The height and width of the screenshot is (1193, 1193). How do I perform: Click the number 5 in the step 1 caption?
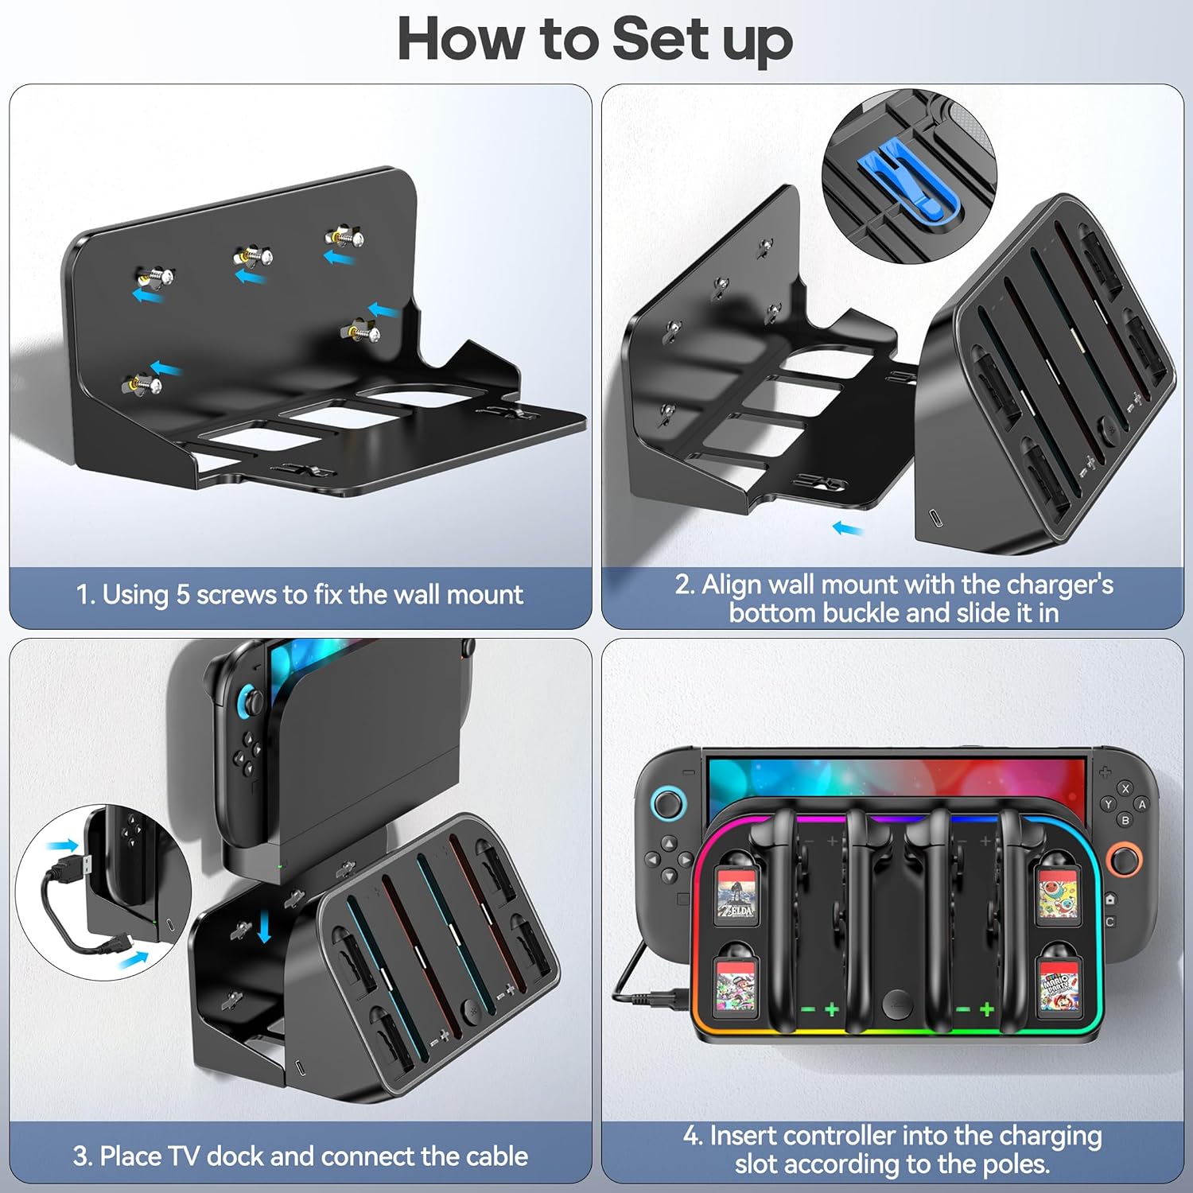pos(182,595)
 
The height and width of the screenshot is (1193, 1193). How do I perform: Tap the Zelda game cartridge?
pos(736,895)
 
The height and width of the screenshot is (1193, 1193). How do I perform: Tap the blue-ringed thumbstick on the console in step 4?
pos(669,804)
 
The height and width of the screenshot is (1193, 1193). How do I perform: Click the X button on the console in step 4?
pos(1125,789)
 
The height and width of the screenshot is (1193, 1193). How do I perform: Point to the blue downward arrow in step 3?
pos(266,927)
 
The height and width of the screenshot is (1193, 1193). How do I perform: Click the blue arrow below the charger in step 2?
pos(848,527)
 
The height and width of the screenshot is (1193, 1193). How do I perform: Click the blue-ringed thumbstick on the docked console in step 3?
pos(254,701)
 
